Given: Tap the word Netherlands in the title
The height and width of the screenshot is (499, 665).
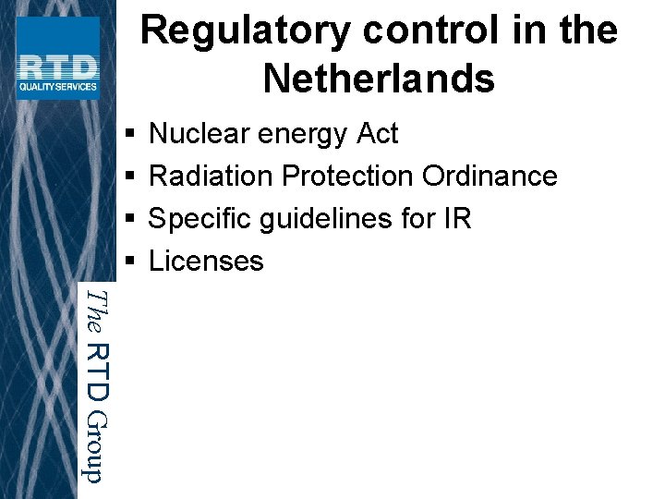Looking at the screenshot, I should [x=379, y=79].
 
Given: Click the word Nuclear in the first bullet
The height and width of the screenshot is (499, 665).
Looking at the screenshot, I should [x=199, y=134].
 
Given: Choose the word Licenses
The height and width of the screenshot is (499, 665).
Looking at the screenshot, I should [x=206, y=262].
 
